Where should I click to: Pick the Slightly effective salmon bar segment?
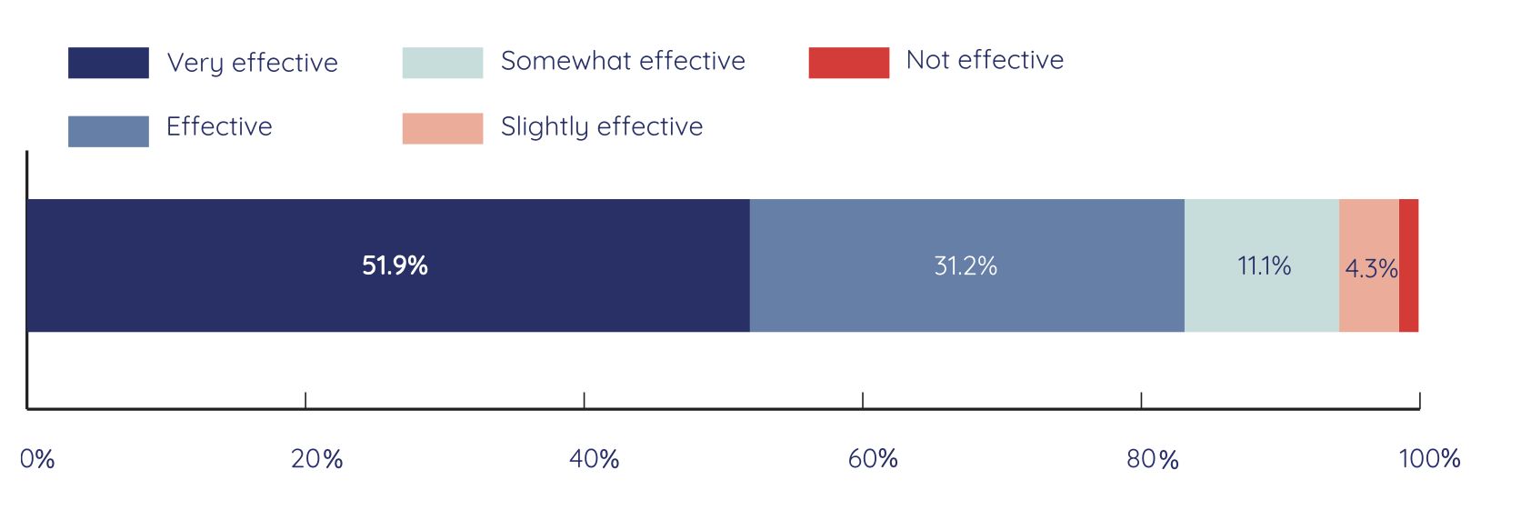1368,227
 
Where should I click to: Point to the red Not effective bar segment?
1408,265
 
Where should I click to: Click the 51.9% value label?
395,265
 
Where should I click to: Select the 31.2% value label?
966,265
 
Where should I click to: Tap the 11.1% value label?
1264,265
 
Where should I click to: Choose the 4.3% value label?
1371,269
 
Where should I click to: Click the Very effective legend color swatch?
108,63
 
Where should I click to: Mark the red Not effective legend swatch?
848,63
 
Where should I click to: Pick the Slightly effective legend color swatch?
442,128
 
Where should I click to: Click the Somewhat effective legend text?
623,61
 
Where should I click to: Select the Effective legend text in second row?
219,126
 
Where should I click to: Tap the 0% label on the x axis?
37,459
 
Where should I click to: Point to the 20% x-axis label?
316,459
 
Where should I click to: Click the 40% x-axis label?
595,459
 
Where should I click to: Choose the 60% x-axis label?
873,459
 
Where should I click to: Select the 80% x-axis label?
1152,459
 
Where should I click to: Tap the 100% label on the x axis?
1429,459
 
